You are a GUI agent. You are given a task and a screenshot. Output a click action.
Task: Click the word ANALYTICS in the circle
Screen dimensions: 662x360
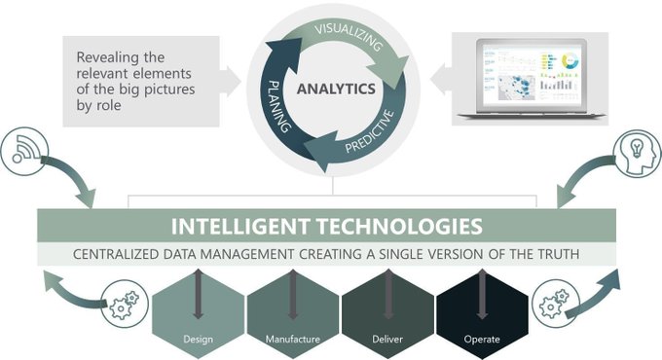pos(335,90)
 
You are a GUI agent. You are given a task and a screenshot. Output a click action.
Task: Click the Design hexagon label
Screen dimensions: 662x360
pos(198,340)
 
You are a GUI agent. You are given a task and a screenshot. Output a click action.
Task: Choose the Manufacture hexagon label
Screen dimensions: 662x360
pos(294,340)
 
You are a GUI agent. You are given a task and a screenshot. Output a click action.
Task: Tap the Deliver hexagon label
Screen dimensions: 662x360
pos(387,340)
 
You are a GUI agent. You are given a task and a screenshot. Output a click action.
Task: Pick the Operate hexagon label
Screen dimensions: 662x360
pos(482,340)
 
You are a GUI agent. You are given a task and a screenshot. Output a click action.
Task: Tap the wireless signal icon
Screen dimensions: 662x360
pos(30,149)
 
